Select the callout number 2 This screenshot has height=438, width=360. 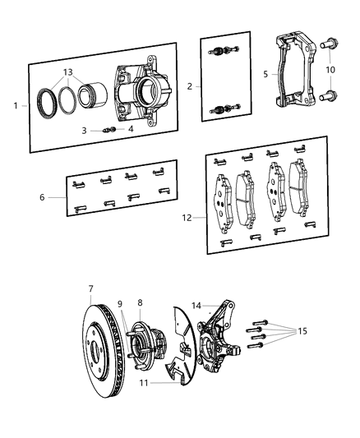[191, 85]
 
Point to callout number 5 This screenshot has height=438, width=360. [265, 73]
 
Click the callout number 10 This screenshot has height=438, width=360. [331, 70]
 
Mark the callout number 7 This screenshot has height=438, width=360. [90, 289]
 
